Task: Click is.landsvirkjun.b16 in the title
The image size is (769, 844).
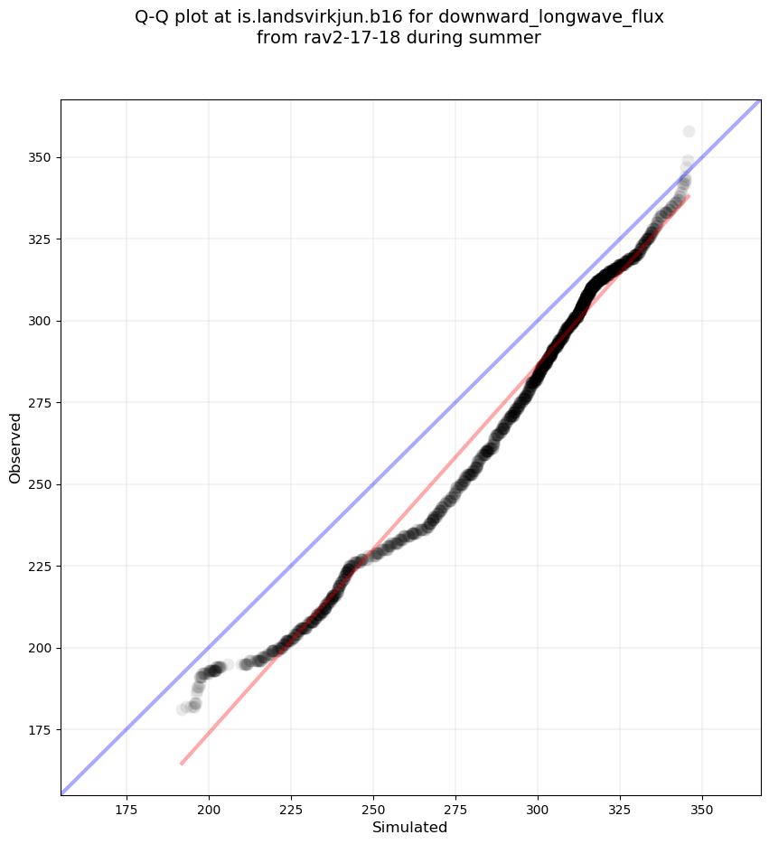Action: coord(306,17)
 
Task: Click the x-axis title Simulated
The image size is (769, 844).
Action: coord(410,827)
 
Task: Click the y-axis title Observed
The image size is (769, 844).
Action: coord(15,447)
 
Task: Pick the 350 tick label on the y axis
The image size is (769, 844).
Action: coord(40,157)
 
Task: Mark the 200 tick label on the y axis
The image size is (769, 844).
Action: coord(40,648)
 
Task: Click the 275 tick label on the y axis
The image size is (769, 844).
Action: coord(40,402)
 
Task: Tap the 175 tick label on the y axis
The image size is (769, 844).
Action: coord(40,729)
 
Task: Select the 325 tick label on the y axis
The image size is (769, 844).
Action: coord(40,239)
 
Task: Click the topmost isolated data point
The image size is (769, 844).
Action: coord(689,132)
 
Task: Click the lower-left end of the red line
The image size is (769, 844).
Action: coord(182,764)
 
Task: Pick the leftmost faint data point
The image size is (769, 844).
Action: coord(183,709)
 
